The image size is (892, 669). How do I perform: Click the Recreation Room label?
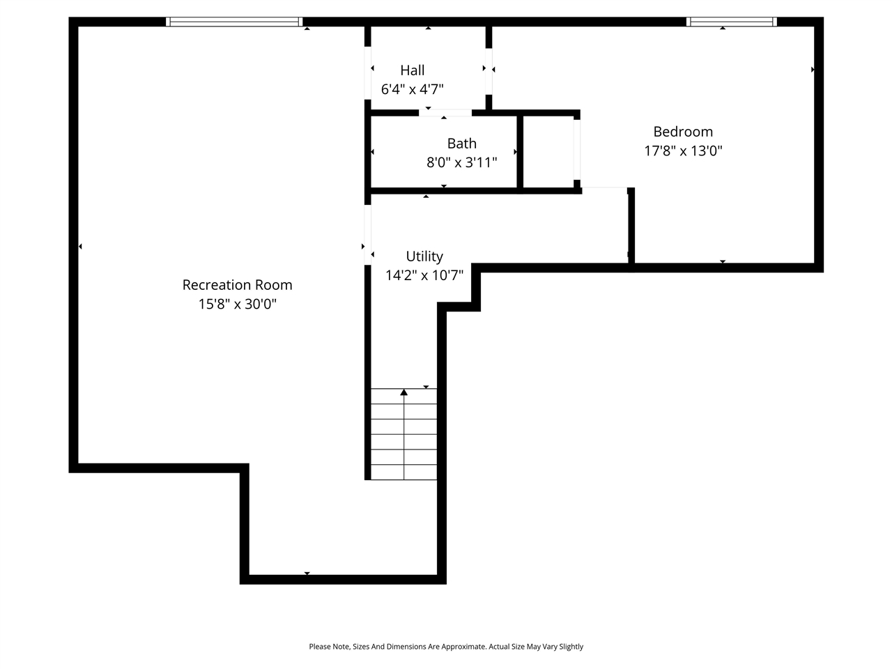237,285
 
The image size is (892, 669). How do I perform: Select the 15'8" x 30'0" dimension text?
237,305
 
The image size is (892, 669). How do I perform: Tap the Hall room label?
413,70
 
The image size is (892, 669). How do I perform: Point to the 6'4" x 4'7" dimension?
413,89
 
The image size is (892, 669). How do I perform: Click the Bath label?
462,144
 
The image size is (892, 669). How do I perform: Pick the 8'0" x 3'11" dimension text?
462,163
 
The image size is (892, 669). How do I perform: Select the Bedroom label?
683,132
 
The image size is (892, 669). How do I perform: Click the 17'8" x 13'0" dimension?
683,151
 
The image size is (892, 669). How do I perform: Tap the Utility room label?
424,256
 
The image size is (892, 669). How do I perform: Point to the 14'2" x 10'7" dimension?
424,275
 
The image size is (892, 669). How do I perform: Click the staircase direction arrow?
404,393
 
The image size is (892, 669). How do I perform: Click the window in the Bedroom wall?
731,22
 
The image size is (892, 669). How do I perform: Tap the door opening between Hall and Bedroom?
489,70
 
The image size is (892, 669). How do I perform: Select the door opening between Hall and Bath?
445,112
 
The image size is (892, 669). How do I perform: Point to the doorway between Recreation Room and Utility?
367,234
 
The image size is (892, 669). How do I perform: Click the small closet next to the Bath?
548,151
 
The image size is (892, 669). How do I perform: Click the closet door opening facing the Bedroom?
577,150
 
